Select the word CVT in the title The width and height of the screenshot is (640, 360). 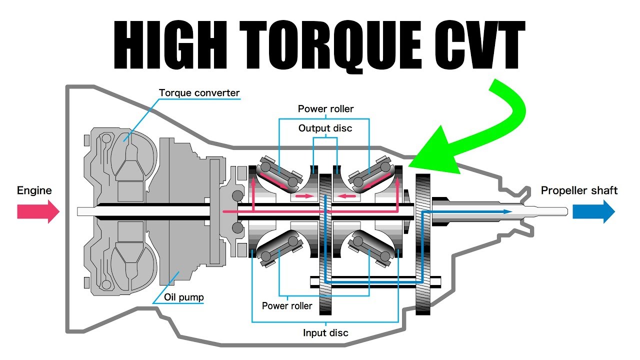(479, 45)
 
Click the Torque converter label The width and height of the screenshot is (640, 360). (199, 93)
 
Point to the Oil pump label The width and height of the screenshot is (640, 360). (183, 297)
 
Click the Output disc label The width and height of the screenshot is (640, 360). (325, 128)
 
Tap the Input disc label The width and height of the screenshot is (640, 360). (325, 333)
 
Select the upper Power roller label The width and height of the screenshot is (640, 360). (325, 109)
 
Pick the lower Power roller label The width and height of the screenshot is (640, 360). (287, 306)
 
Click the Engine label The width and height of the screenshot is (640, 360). (34, 190)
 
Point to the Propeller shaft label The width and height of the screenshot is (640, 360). (579, 190)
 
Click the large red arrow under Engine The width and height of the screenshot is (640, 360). (38, 211)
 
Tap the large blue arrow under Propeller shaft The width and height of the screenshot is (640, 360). (593, 211)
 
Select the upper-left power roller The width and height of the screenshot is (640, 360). (279, 174)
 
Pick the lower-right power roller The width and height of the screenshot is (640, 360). (370, 248)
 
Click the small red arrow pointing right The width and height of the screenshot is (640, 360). (304, 196)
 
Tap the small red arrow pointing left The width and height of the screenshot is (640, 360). (346, 196)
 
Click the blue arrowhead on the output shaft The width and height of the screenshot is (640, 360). (507, 211)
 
